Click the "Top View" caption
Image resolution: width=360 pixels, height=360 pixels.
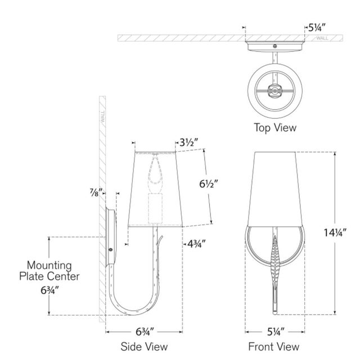click(275, 128)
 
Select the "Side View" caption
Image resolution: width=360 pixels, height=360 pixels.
click(144, 346)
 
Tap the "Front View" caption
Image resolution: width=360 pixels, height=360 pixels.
click(274, 346)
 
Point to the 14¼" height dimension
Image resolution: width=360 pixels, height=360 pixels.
click(335, 232)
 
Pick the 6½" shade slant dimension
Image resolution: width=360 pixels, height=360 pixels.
click(208, 184)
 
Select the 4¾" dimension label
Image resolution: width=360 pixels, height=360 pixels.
click(196, 244)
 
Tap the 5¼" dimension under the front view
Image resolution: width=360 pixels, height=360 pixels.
click(276, 332)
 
